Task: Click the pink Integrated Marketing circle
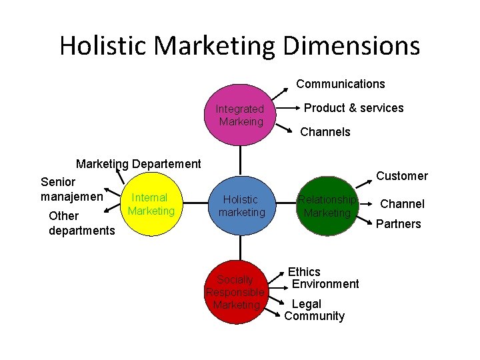click(x=240, y=115)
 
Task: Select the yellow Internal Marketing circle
click(x=151, y=205)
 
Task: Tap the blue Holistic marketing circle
click(x=241, y=206)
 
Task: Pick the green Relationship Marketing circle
click(x=327, y=206)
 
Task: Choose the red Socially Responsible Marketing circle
click(x=236, y=292)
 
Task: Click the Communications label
click(x=340, y=84)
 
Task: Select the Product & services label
click(x=353, y=108)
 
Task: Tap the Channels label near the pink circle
click(x=325, y=132)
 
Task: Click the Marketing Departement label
click(x=138, y=164)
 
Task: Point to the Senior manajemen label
click(x=71, y=189)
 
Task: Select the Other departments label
click(x=81, y=223)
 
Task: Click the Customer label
click(x=401, y=176)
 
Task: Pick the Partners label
click(x=398, y=224)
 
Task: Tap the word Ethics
click(x=304, y=272)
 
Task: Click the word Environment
click(x=325, y=284)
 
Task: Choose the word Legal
click(x=307, y=304)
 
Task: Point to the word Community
click(x=314, y=316)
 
